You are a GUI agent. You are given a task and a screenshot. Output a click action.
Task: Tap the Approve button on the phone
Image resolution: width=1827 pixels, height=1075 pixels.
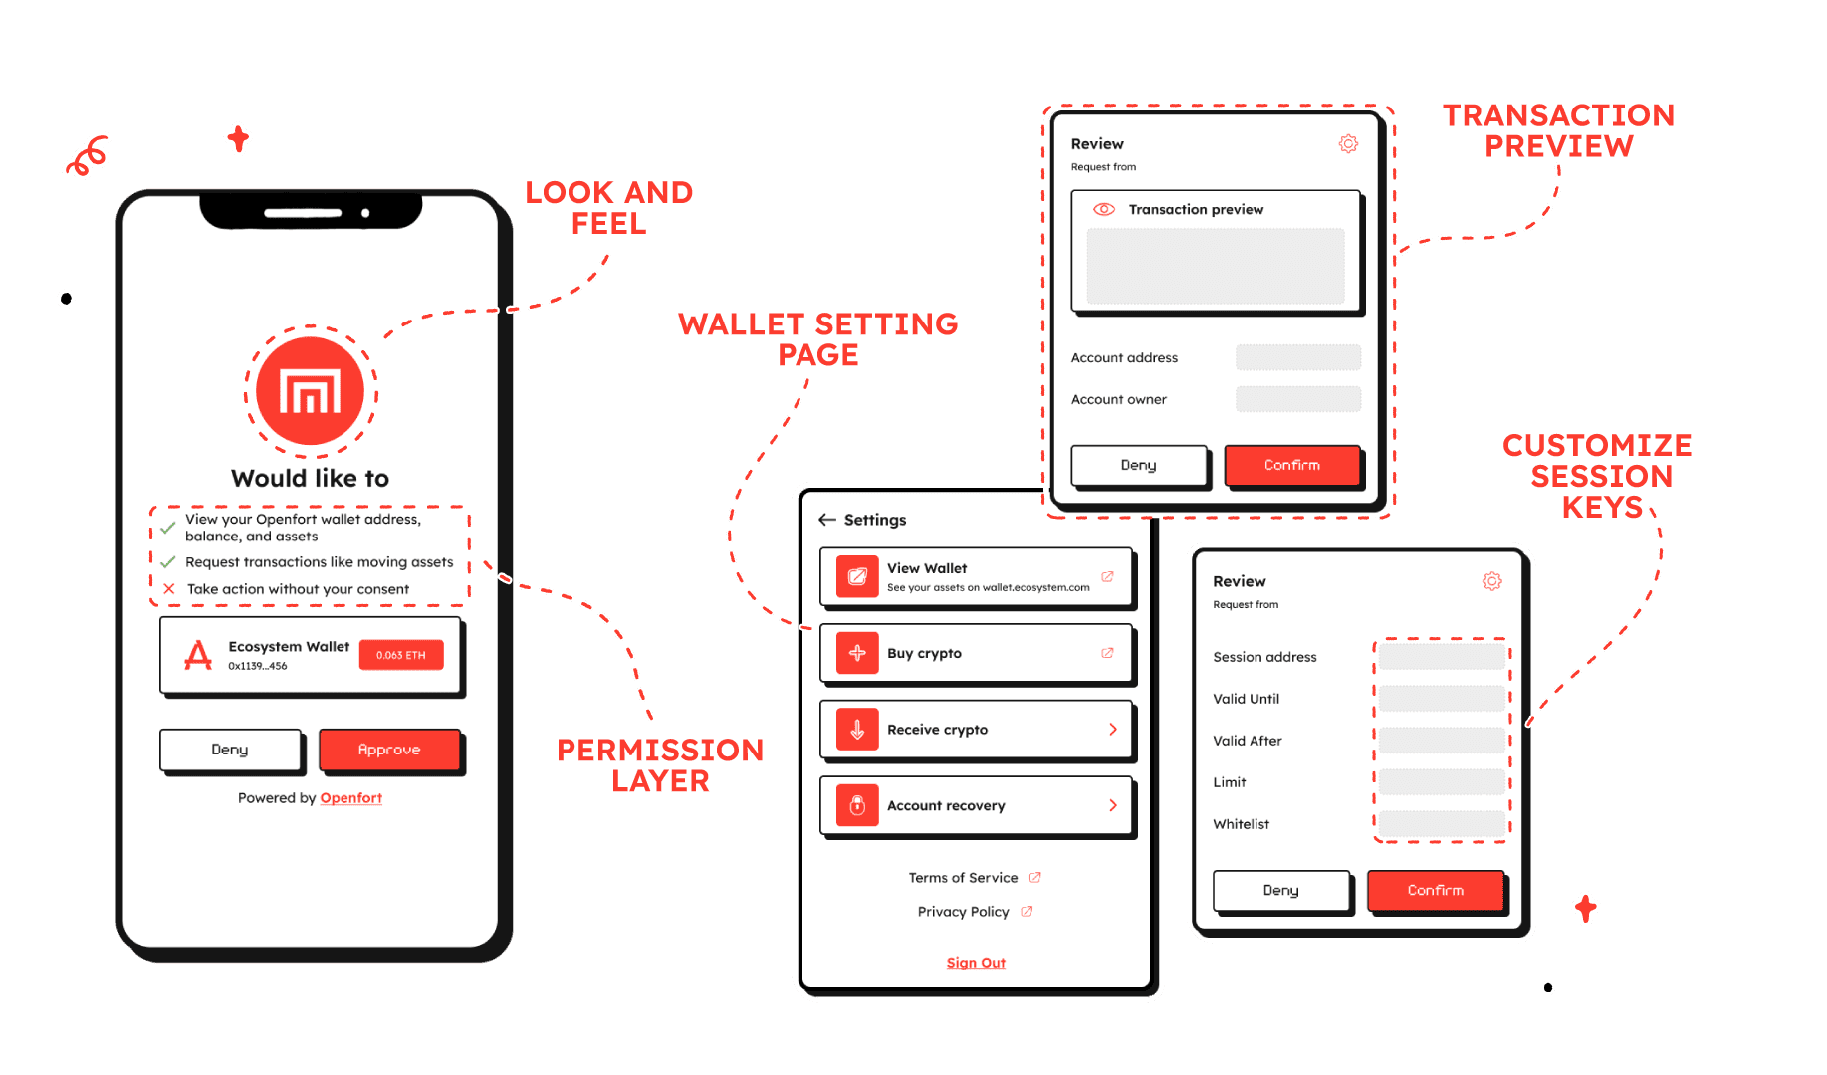(x=389, y=750)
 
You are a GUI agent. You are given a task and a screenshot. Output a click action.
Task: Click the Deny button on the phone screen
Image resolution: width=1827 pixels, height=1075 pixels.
(x=230, y=750)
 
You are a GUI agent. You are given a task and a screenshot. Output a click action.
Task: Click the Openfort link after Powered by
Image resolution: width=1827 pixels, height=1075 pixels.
(x=350, y=798)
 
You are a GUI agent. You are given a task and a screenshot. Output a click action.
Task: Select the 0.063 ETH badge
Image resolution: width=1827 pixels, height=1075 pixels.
(x=400, y=655)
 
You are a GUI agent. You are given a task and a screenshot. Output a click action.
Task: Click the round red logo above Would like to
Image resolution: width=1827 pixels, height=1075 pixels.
(x=311, y=391)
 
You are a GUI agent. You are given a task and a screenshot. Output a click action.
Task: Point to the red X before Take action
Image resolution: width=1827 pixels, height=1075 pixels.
(x=169, y=589)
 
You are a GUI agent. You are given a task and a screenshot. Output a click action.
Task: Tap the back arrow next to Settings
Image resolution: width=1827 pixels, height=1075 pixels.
(x=826, y=520)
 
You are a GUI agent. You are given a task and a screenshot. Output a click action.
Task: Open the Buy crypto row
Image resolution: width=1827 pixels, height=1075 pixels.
(x=976, y=653)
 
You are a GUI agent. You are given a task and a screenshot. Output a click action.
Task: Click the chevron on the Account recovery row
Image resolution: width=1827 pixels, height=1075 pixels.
(x=1113, y=805)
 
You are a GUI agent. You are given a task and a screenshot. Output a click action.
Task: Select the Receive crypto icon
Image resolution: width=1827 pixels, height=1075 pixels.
(x=857, y=730)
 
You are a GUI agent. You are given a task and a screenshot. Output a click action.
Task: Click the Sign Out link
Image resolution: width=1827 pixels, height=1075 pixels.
(x=976, y=963)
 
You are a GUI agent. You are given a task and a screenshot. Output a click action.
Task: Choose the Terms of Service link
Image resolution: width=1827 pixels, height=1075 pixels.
(x=964, y=878)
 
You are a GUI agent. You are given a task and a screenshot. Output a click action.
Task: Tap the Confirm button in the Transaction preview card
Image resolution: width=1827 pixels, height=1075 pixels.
(x=1291, y=465)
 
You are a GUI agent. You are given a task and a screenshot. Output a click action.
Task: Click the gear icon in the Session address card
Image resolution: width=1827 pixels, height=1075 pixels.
(x=1491, y=581)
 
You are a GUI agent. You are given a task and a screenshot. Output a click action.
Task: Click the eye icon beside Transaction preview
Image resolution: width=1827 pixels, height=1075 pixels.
(x=1104, y=209)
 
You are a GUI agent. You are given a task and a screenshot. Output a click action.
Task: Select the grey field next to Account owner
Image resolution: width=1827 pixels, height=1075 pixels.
(x=1297, y=399)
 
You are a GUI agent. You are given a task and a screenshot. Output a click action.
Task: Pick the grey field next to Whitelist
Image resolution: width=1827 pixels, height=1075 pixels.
(x=1441, y=824)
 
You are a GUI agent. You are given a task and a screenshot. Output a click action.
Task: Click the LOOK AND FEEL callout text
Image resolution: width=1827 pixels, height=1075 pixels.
(x=609, y=207)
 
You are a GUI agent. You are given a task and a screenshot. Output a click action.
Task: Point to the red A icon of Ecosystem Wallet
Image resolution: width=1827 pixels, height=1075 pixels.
(x=198, y=655)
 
